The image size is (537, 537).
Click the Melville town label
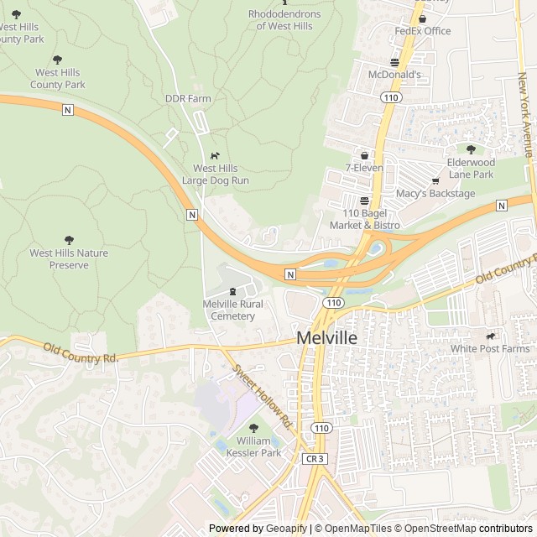326,338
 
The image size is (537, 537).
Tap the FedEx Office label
423,31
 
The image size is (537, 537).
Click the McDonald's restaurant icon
394,61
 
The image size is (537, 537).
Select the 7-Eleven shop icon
364,155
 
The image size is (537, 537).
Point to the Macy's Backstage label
435,194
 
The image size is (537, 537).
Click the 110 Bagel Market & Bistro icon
364,201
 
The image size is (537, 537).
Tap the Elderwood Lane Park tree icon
471,149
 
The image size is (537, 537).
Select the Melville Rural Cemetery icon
232,291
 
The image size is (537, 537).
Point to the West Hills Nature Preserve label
69,258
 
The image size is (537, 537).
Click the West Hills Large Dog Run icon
216,155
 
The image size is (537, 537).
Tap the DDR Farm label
188,98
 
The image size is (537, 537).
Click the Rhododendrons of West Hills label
284,19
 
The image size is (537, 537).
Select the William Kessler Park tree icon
253,428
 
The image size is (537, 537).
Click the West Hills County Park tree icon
57,60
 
